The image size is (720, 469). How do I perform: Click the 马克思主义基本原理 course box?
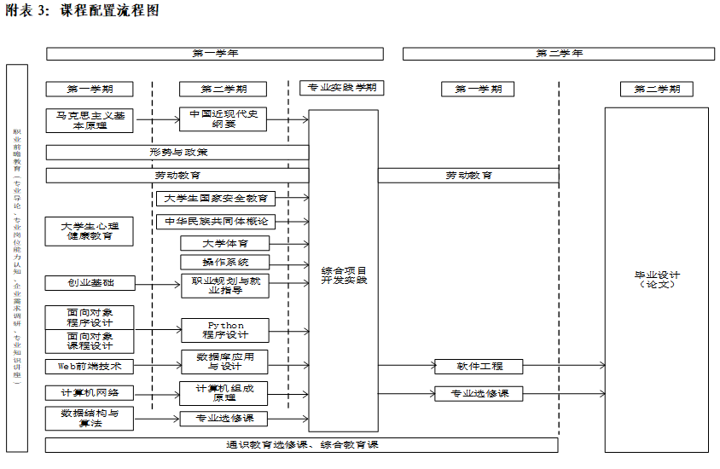90,120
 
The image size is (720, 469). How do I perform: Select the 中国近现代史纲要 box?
224,120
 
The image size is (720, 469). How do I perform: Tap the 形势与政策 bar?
177,153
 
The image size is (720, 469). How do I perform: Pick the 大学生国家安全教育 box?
228,199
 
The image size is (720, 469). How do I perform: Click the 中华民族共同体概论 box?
228,222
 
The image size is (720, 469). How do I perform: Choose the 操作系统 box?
224,263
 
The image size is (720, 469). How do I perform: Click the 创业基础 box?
90,283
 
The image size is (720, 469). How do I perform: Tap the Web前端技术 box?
90,366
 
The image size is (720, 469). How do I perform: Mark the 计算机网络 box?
90,393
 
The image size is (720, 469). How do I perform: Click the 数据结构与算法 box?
90,418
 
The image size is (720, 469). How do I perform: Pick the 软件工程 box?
479,367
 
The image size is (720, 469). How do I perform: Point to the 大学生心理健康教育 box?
90,231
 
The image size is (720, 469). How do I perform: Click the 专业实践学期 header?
342,87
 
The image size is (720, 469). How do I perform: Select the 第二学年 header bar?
559,54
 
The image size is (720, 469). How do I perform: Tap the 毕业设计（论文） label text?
656,280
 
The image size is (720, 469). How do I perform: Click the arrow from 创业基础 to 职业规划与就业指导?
157,283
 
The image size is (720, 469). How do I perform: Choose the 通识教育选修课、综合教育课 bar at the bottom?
301,445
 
